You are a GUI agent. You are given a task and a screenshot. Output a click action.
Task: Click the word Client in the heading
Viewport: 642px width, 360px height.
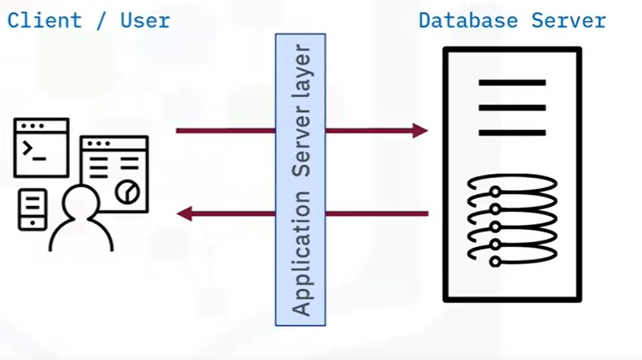(x=45, y=20)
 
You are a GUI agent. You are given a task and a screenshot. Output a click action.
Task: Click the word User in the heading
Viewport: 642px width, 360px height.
(x=145, y=20)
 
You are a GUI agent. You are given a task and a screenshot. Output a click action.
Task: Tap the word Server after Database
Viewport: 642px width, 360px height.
(x=569, y=20)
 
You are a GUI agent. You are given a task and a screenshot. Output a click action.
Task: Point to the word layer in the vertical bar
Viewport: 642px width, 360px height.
(x=301, y=69)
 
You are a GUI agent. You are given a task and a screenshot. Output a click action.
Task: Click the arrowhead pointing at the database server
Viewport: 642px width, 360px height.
(x=420, y=131)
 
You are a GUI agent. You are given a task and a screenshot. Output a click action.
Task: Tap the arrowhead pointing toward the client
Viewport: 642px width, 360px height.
(x=184, y=213)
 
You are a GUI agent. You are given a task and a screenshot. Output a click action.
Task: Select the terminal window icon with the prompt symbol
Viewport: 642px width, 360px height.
(x=42, y=147)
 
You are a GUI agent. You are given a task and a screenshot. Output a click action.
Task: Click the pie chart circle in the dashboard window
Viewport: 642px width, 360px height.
(x=127, y=191)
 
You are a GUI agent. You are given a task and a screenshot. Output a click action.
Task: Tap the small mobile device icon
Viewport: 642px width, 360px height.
(x=32, y=210)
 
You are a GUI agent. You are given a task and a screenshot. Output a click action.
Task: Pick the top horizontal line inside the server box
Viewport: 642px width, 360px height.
(x=512, y=82)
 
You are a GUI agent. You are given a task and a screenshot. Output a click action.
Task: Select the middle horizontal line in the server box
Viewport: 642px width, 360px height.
(x=512, y=108)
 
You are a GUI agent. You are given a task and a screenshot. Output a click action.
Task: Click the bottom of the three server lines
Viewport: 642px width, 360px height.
(x=512, y=133)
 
